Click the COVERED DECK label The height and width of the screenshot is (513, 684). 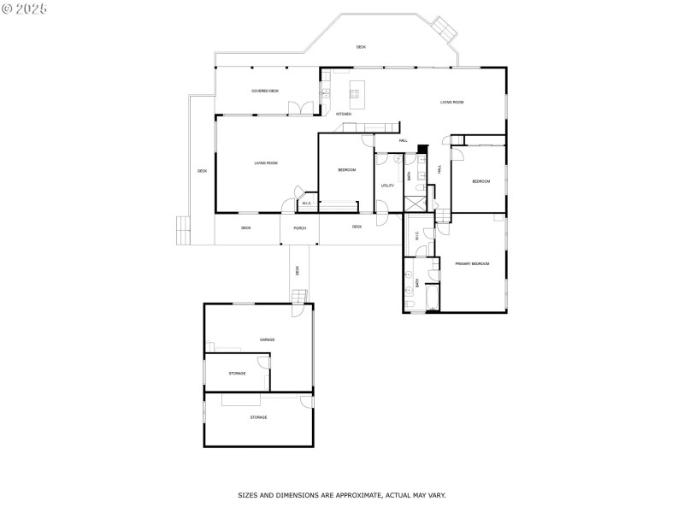pos(265,91)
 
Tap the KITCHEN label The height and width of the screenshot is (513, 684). pos(343,114)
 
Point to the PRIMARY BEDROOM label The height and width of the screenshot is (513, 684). pos(472,263)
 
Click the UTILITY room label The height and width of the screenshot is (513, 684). pos(387,185)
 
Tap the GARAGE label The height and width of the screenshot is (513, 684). pos(268,340)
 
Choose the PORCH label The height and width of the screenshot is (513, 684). pos(300,228)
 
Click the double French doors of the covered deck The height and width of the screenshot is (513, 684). pos(301,108)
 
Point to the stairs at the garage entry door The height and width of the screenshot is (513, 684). pos(298,297)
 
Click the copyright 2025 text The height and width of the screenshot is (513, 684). pos(25,8)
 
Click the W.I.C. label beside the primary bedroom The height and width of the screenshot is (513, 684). pos(417,238)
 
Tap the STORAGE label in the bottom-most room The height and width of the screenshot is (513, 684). pos(258,417)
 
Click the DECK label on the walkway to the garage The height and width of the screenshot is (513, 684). pos(298,270)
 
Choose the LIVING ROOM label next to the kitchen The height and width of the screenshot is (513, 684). pos(451,103)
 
